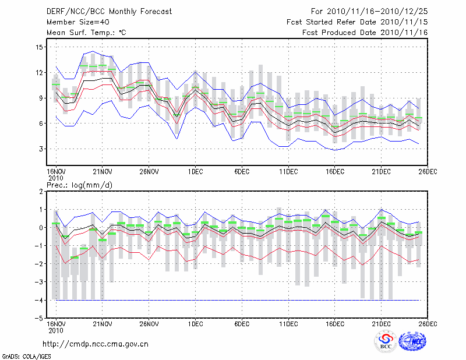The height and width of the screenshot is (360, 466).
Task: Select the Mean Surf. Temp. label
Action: pos(86,33)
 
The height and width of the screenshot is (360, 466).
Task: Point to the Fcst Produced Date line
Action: pos(365,33)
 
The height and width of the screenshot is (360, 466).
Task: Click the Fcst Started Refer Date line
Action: pos(357,22)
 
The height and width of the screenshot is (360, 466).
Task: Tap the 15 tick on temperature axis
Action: pos(40,47)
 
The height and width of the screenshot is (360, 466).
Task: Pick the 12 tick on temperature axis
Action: pos(40,73)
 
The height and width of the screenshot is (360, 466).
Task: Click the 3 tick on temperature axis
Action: pos(41,149)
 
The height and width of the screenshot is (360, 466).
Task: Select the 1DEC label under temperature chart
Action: pos(195,171)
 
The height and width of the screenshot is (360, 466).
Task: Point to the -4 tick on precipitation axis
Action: pos(40,301)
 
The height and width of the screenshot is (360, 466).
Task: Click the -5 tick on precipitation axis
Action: pos(40,319)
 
